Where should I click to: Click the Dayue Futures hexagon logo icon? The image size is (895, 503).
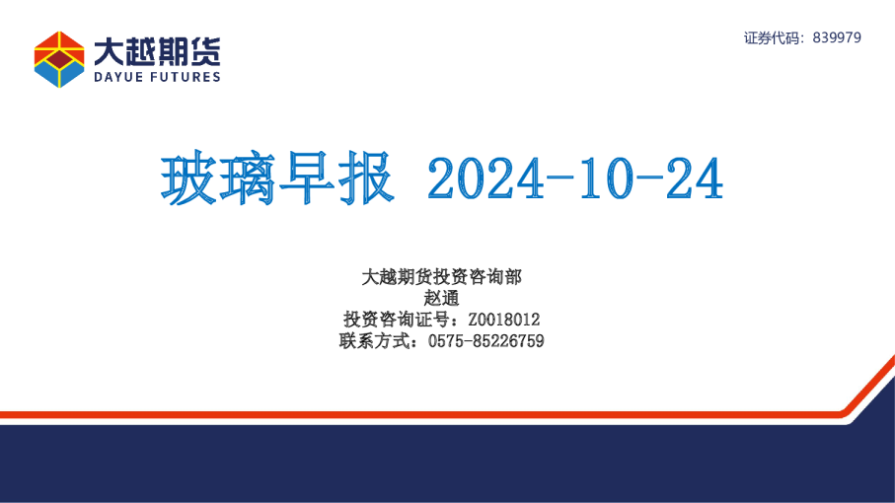[x=59, y=59]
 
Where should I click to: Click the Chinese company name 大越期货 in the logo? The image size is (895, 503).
[x=157, y=48]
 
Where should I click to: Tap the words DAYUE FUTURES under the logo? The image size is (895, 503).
[x=157, y=76]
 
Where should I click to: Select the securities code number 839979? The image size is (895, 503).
[x=837, y=37]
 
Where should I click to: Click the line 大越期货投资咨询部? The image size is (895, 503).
[x=441, y=277]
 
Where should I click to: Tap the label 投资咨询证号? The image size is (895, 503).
[x=395, y=320]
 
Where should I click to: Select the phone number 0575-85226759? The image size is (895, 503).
[x=485, y=341]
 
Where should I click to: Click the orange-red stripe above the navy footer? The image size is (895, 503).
[x=395, y=414]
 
